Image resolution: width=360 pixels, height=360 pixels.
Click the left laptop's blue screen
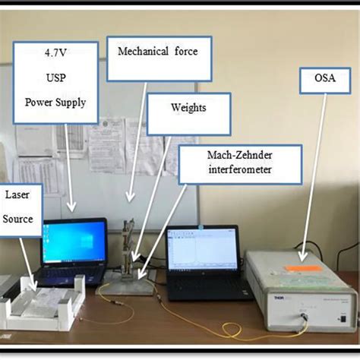click(x=74, y=244)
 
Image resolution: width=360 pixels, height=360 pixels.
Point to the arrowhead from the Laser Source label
click(x=31, y=287)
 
